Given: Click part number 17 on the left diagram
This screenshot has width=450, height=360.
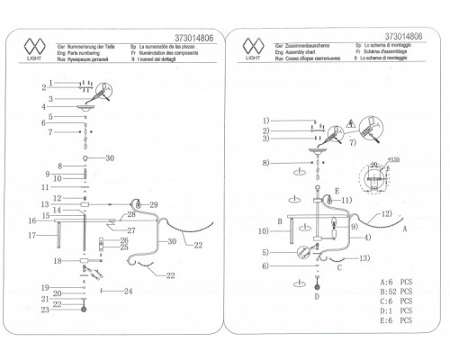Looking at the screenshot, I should [31, 236].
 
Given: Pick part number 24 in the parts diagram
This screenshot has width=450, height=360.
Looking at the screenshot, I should [129, 291].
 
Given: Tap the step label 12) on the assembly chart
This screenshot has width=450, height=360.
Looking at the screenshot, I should [388, 213].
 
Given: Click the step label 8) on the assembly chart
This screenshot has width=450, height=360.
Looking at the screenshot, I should [266, 162].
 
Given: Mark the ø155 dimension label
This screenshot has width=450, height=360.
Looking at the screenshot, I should [392, 158].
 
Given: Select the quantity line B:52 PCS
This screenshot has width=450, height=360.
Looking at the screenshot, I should [395, 290].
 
